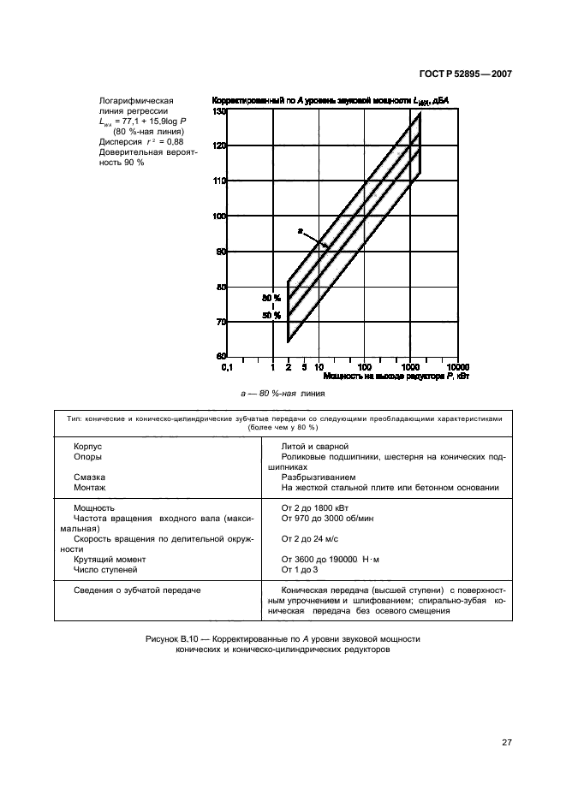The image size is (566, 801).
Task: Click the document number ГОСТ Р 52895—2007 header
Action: click(x=465, y=74)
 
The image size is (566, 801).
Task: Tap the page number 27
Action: click(x=506, y=742)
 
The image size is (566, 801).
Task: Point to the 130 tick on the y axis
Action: click(x=219, y=111)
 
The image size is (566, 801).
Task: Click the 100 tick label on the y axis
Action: click(x=219, y=217)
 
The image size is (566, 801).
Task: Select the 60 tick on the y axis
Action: click(x=221, y=356)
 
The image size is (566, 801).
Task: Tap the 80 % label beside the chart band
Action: click(x=271, y=298)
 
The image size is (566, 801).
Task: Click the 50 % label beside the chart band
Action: click(x=271, y=316)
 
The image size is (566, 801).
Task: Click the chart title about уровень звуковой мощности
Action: click(x=330, y=101)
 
